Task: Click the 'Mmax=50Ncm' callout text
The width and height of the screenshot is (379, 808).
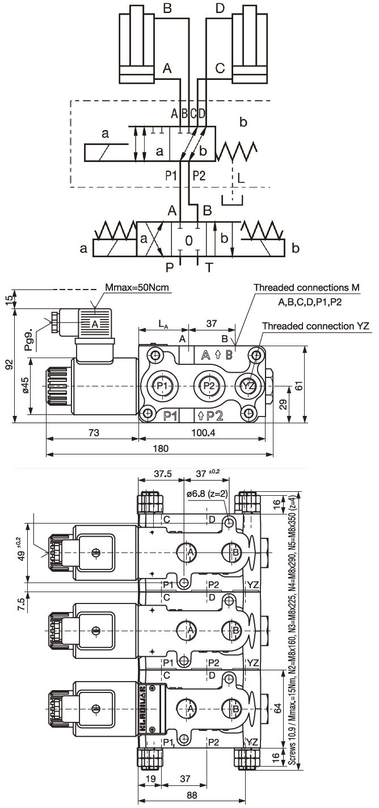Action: click(x=138, y=288)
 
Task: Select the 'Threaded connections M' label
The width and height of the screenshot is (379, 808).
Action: click(x=306, y=288)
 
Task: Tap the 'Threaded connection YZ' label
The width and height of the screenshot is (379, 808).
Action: click(x=315, y=326)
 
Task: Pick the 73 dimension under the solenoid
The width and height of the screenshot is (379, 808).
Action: click(x=94, y=433)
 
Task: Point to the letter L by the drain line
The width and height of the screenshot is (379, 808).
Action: click(x=242, y=177)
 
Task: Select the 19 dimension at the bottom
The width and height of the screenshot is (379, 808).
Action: click(x=150, y=779)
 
